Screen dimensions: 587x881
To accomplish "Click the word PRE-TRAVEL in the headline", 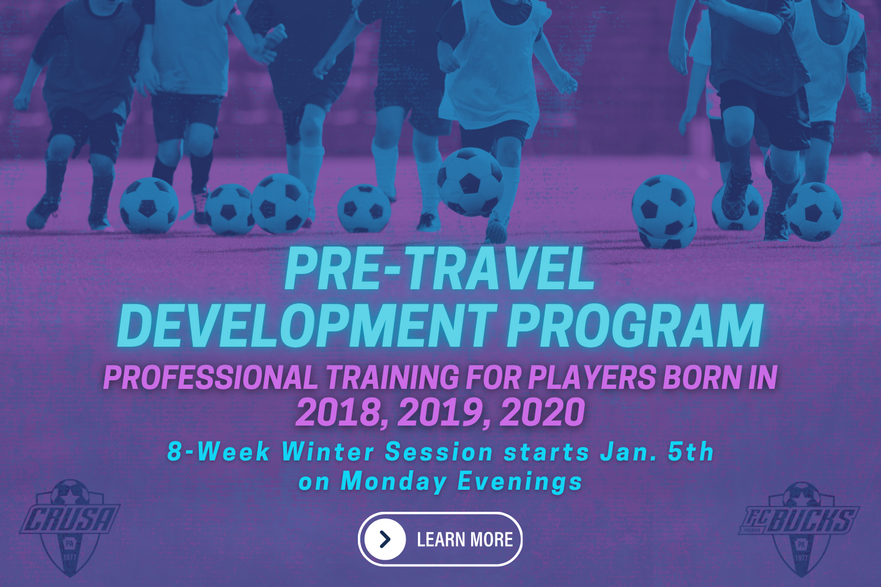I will [439, 270].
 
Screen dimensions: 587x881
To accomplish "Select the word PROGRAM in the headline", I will [635, 327].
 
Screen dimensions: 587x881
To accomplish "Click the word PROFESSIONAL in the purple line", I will [210, 378].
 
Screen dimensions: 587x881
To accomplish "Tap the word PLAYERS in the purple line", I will [591, 378].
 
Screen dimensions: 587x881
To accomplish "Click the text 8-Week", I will [218, 452].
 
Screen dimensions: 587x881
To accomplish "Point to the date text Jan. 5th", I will [656, 452].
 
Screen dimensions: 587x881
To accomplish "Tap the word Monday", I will [393, 482].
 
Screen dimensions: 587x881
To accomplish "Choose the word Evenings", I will [520, 482].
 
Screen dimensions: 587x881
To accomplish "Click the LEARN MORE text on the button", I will [464, 540].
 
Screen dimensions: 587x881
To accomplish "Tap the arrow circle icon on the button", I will [385, 539].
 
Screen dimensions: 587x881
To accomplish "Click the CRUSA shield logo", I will [70, 526].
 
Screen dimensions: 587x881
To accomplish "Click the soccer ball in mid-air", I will [470, 182].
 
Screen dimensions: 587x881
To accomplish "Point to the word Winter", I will [327, 452].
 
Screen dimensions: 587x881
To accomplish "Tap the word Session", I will [439, 452].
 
